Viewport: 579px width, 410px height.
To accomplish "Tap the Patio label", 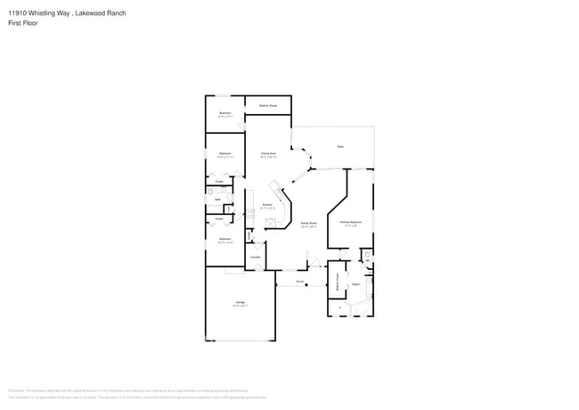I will coord(340,146).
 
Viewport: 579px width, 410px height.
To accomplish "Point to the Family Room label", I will coord(308,225).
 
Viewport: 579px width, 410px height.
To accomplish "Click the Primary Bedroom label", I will coord(350,222).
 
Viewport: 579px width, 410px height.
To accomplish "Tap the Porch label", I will coord(300,282).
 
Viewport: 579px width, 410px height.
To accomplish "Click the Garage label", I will coord(240,303).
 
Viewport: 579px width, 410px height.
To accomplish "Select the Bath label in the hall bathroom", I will coord(217,200).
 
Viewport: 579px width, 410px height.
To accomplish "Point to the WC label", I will coord(367,260).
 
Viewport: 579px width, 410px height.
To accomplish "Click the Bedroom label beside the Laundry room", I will coord(225,240).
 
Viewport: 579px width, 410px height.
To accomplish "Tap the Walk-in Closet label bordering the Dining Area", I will coord(268,106).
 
